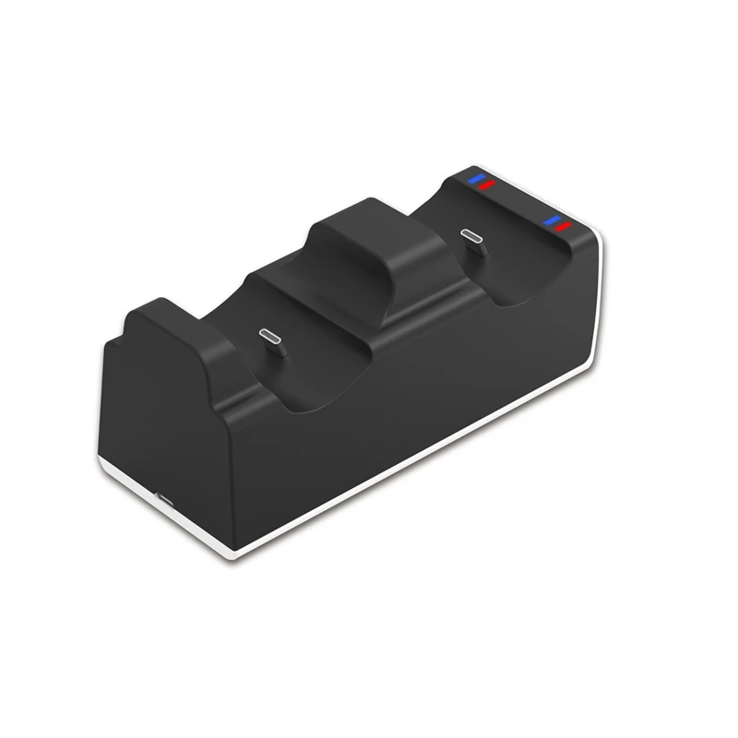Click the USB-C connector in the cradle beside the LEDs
pos(473,239)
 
